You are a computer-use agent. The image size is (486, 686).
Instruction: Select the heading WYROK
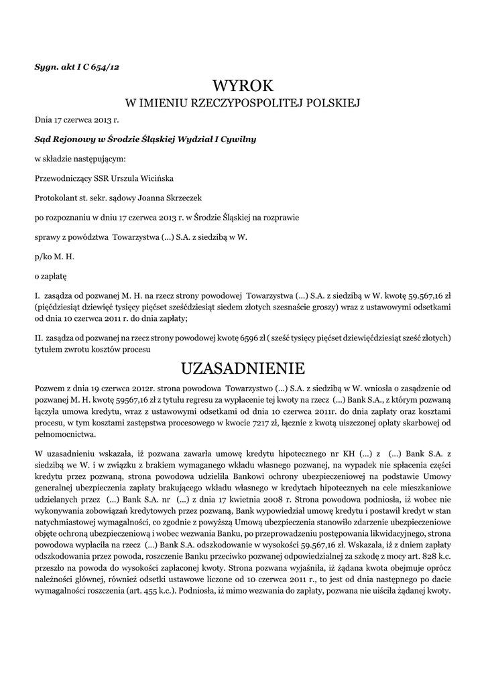243,86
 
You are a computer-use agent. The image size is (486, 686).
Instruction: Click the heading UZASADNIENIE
243,368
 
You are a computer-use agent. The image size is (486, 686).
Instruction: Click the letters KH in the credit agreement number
337,452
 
